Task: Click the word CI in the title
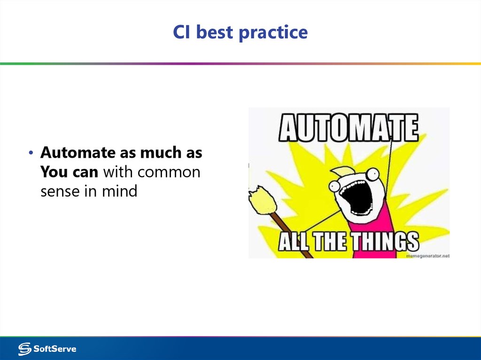coord(182,32)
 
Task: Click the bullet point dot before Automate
coord(31,153)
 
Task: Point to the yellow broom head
coord(262,199)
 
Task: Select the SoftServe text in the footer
coord(54,349)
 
